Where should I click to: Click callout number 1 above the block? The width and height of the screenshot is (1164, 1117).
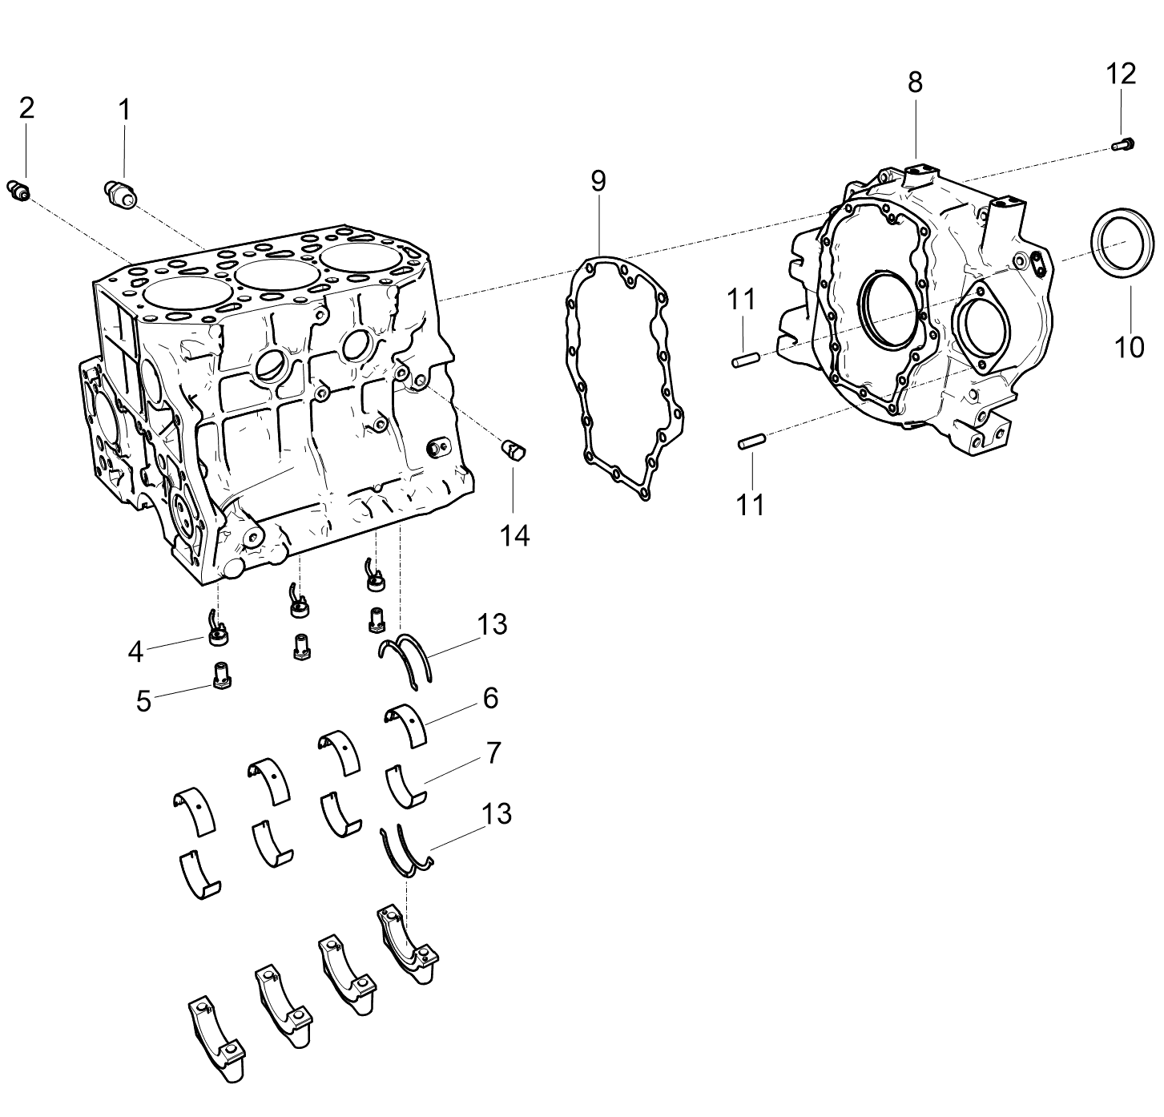click(x=124, y=110)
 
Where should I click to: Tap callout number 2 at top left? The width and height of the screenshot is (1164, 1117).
click(x=27, y=108)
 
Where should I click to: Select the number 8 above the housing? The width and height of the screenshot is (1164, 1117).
click(x=915, y=83)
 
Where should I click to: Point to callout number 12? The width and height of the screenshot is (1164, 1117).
click(x=1120, y=75)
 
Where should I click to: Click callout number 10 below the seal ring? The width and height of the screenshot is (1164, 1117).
click(x=1130, y=348)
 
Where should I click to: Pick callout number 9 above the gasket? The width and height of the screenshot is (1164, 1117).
click(x=598, y=180)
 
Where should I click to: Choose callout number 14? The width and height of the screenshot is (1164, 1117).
click(x=514, y=536)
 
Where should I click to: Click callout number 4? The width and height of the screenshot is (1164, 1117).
click(x=135, y=652)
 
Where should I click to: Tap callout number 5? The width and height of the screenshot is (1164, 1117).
click(x=143, y=701)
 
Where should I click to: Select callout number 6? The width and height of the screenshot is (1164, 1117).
click(x=490, y=698)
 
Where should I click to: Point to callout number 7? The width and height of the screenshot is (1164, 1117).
click(x=493, y=753)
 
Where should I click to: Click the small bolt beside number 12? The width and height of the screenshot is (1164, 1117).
click(x=1123, y=144)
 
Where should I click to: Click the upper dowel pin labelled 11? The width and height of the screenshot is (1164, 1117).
click(x=746, y=360)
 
